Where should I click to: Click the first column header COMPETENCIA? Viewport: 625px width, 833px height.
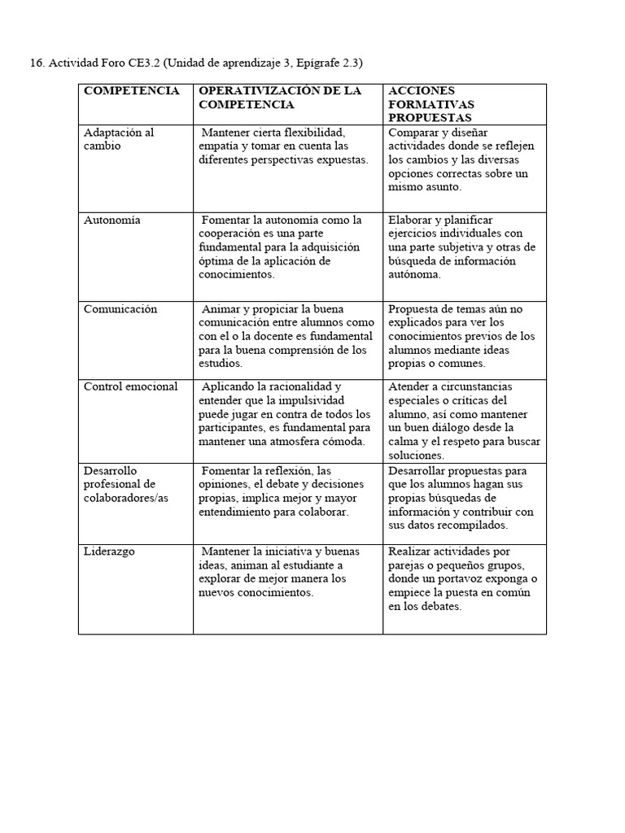[x=131, y=91]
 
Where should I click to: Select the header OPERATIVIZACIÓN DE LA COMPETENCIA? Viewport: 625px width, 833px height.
[x=280, y=98]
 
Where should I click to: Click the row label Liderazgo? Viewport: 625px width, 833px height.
[x=109, y=552]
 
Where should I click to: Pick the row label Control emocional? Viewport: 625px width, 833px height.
[x=130, y=386]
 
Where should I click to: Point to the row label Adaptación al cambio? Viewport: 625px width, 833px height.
[x=118, y=139]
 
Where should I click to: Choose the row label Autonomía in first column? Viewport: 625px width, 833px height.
[x=112, y=220]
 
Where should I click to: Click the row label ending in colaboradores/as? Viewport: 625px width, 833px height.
[x=126, y=498]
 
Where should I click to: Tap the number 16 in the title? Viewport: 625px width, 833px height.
[x=35, y=63]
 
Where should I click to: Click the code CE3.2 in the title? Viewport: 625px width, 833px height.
[x=143, y=63]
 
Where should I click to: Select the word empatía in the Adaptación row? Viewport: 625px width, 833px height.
[x=220, y=146]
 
